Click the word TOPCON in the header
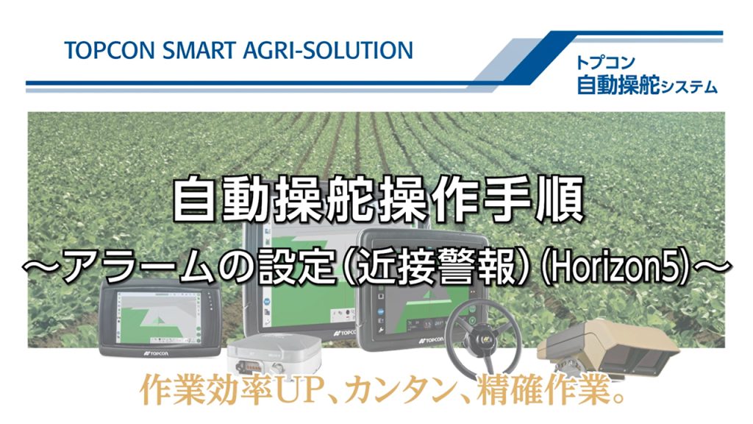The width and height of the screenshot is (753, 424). tap(109, 51)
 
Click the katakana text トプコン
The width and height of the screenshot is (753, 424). tap(605, 63)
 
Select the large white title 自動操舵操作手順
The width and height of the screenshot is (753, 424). tap(377, 199)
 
